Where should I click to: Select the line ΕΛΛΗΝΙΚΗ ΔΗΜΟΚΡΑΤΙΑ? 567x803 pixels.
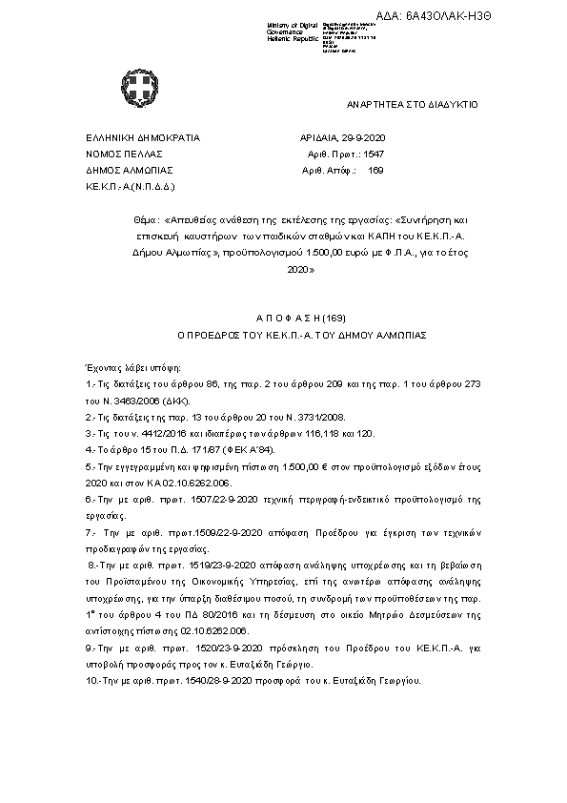[143, 137]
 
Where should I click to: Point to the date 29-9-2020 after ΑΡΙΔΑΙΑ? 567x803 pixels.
[367, 137]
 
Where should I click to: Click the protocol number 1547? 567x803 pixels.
[374, 153]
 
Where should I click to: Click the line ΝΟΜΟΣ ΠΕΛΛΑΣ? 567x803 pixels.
[125, 153]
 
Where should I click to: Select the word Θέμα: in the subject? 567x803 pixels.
[147, 218]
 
